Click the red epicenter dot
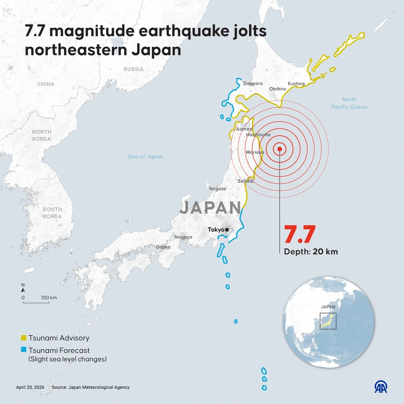click(x=280, y=149)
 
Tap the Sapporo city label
click(x=253, y=83)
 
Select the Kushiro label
click(x=296, y=83)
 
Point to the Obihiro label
click(x=277, y=89)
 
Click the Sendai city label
click(x=245, y=181)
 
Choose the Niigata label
click(x=217, y=189)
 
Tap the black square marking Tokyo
click(x=227, y=230)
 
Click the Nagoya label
click(x=183, y=237)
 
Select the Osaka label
click(x=163, y=247)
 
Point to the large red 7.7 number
click(x=300, y=235)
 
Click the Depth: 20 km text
click(x=311, y=252)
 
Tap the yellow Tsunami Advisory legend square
click(x=24, y=338)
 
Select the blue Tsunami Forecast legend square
click(x=24, y=350)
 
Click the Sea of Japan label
click(x=146, y=156)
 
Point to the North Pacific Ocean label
click(x=349, y=103)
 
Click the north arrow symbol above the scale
click(x=23, y=289)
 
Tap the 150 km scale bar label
click(x=49, y=297)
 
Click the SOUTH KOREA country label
click(x=52, y=213)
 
